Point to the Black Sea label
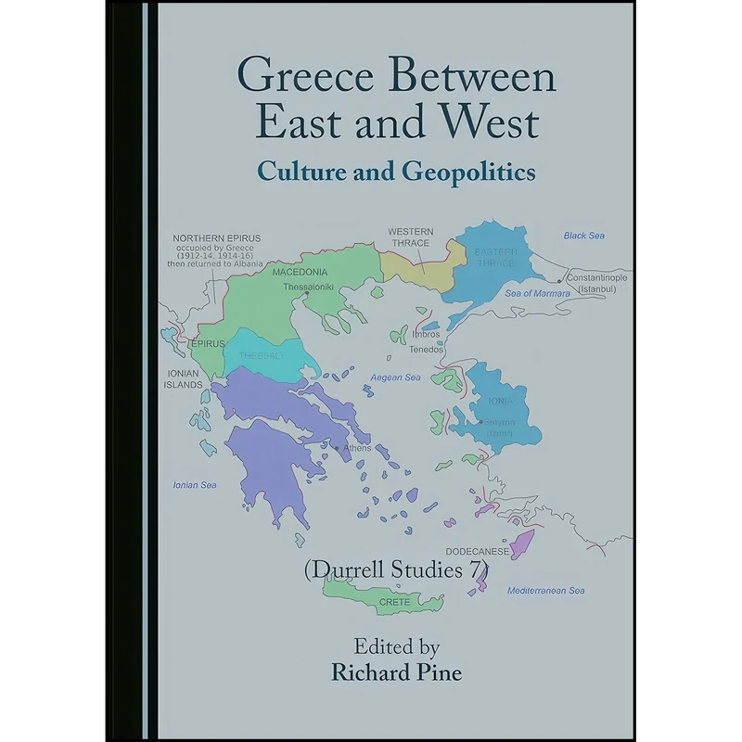point(583,236)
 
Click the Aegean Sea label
point(395,377)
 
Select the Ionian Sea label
point(194,485)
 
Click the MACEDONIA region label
point(300,273)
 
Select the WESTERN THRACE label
point(409,237)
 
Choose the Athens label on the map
point(356,448)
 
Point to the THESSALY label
point(258,355)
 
